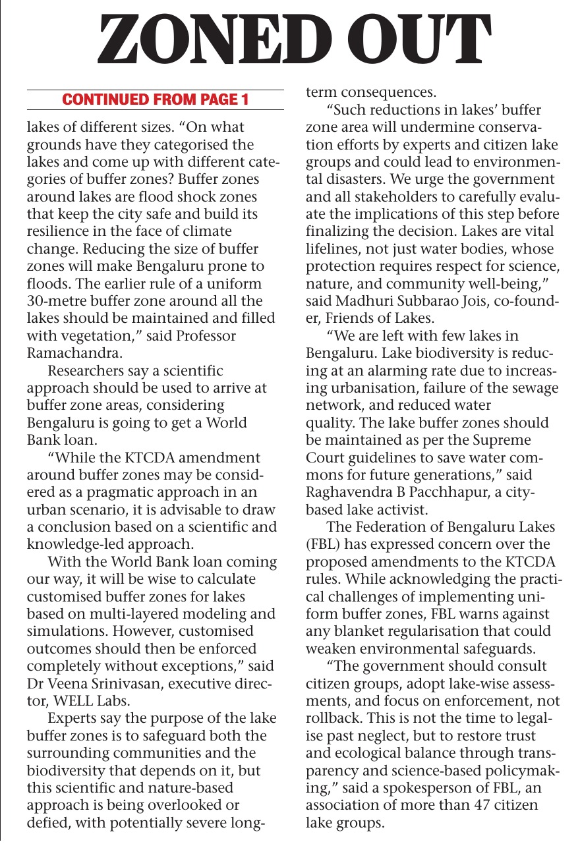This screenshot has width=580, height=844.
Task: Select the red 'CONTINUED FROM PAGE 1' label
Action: [155, 100]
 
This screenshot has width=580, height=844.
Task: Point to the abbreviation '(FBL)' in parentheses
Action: [322, 544]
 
